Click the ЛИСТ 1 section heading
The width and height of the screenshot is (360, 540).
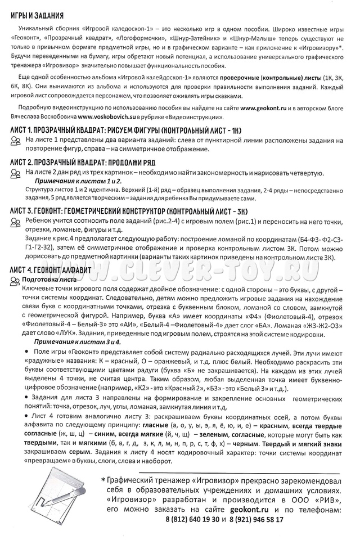click(x=128, y=130)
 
